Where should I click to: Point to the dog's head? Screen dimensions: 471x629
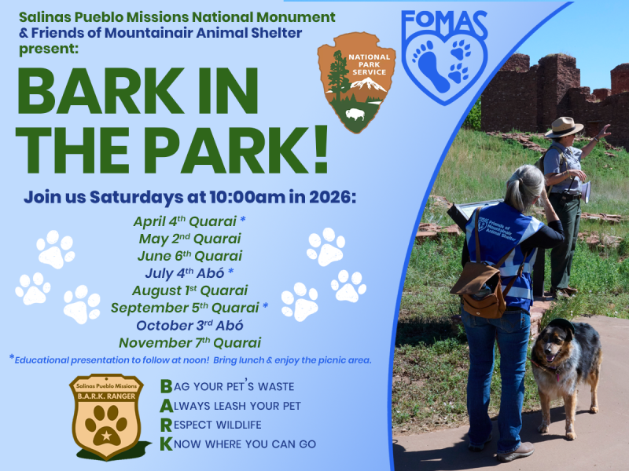coord(555,343)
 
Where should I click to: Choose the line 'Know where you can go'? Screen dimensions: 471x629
coord(237,444)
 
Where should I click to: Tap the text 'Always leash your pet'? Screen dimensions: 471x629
coord(230,406)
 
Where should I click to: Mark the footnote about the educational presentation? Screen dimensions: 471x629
coord(189,360)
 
